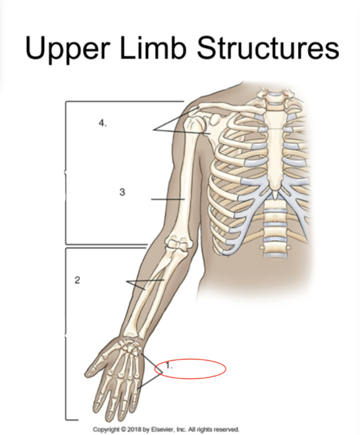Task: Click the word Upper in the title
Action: pyautogui.click(x=66, y=49)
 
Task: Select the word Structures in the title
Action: pyautogui.click(x=268, y=48)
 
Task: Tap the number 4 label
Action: pyautogui.click(x=103, y=123)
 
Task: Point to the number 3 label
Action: pyautogui.click(x=122, y=192)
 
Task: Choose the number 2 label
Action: pyautogui.click(x=77, y=280)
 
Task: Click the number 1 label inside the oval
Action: pyautogui.click(x=169, y=366)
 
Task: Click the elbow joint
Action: pyautogui.click(x=178, y=245)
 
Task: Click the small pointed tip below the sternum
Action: pyautogui.click(x=275, y=194)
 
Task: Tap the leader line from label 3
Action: pyautogui.click(x=168, y=199)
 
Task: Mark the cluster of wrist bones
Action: pyautogui.click(x=130, y=347)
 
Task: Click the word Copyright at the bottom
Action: pyautogui.click(x=104, y=430)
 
